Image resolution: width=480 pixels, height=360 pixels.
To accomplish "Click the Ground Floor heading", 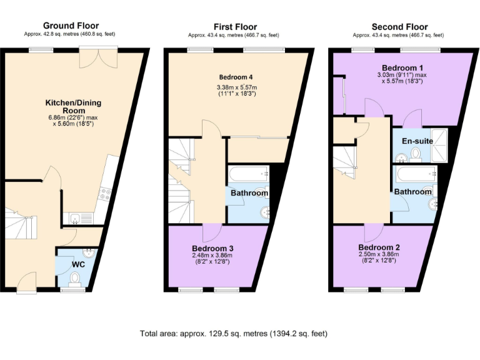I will (x=70, y=26).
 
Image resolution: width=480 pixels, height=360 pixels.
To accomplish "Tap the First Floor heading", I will (x=235, y=27).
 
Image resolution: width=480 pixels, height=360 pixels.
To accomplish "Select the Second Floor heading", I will (x=399, y=27).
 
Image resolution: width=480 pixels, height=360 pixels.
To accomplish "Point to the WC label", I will (x=77, y=265).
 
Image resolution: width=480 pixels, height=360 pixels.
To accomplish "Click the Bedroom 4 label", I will (x=236, y=77).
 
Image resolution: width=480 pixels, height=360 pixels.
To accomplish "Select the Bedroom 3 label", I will (x=212, y=247).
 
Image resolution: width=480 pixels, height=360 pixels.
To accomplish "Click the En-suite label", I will (x=417, y=141).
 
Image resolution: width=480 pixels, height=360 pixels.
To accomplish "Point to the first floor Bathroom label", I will (x=249, y=193).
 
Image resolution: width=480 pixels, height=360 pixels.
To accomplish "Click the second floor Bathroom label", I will (x=412, y=192).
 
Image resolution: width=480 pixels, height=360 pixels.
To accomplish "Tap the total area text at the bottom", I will (x=234, y=334).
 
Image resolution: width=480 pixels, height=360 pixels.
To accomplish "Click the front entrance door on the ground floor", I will (x=29, y=284).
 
